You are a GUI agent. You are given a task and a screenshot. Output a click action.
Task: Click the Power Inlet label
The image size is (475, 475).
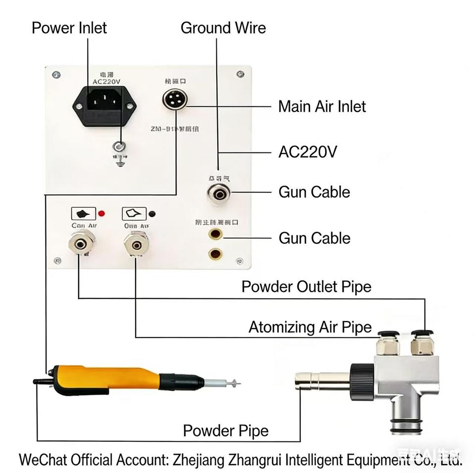(69, 27)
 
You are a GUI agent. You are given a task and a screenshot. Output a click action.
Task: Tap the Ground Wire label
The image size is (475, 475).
(223, 27)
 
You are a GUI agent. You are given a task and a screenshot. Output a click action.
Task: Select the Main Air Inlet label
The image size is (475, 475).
(322, 106)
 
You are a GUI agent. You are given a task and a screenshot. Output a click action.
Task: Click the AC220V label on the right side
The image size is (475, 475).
(308, 151)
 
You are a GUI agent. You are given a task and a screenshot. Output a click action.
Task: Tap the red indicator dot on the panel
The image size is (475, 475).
(102, 214)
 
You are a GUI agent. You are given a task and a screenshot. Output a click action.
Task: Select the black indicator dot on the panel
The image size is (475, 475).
(153, 214)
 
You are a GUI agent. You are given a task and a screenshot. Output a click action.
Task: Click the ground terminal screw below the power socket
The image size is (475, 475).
(119, 146)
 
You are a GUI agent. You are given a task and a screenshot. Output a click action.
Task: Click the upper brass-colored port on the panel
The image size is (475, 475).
(215, 235)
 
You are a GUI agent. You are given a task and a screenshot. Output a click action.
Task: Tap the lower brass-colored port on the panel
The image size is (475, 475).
(215, 254)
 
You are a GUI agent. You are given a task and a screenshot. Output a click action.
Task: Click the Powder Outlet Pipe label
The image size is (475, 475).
(306, 286)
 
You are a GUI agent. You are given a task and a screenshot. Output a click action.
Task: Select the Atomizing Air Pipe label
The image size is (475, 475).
(310, 327)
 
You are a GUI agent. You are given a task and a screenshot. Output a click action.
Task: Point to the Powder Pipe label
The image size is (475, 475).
(226, 430)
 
